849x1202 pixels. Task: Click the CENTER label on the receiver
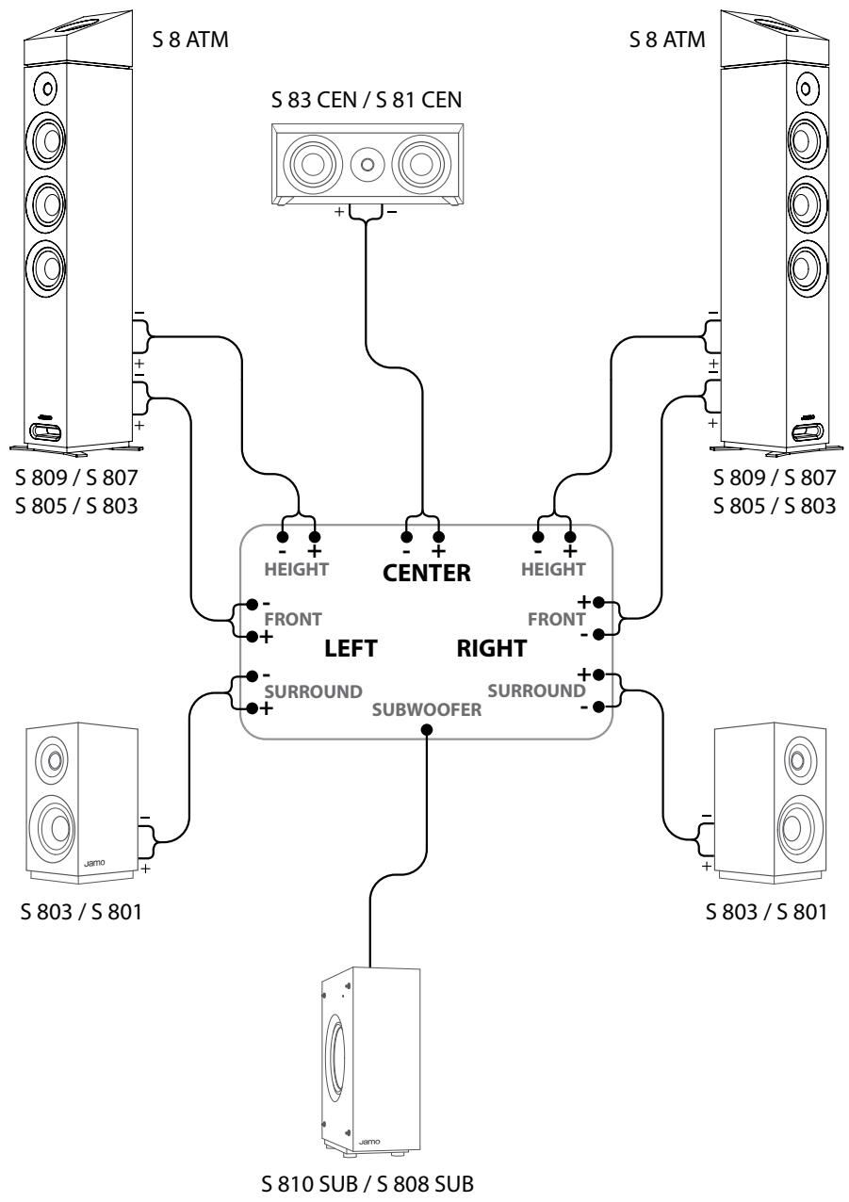pyautogui.click(x=427, y=573)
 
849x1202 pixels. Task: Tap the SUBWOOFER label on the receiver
pyautogui.click(x=427, y=710)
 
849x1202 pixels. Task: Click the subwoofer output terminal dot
pyautogui.click(x=427, y=730)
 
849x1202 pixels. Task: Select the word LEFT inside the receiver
pyautogui.click(x=351, y=649)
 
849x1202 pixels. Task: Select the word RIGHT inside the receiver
pyautogui.click(x=492, y=648)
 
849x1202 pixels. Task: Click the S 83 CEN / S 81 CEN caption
pyautogui.click(x=367, y=100)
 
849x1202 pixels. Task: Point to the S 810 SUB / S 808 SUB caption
pyautogui.click(x=367, y=1184)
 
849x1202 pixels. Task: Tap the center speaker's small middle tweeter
pyautogui.click(x=367, y=163)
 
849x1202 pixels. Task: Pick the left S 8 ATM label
pyautogui.click(x=190, y=40)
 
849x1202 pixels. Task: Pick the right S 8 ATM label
pyautogui.click(x=667, y=40)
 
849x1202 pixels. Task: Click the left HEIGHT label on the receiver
pyautogui.click(x=296, y=569)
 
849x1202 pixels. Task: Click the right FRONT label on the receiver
pyautogui.click(x=557, y=619)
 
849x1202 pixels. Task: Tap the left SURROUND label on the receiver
pyautogui.click(x=314, y=691)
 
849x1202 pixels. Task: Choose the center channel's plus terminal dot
pyautogui.click(x=439, y=537)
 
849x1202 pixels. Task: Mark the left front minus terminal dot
pyautogui.click(x=252, y=605)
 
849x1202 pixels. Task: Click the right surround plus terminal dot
pyautogui.click(x=599, y=674)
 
